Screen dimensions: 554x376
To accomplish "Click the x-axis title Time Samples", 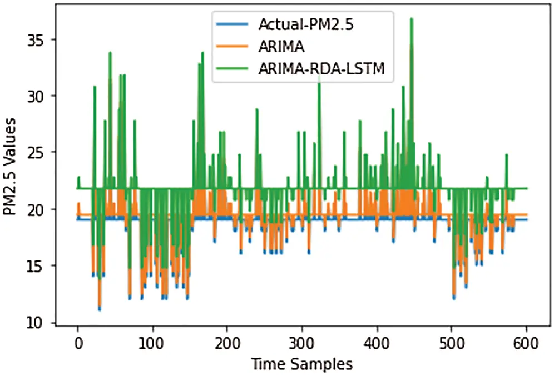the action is (301, 364).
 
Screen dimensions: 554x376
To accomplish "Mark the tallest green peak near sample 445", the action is (411, 19).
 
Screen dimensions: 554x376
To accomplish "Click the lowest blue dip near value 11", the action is (99, 309).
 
